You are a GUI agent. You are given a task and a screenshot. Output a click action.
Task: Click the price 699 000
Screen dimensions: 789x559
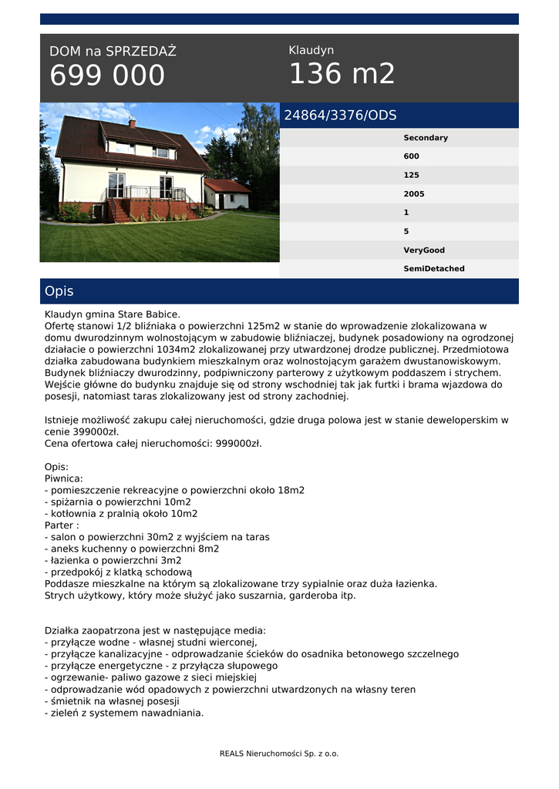107,76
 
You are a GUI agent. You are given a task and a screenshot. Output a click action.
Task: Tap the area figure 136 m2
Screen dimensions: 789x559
342,74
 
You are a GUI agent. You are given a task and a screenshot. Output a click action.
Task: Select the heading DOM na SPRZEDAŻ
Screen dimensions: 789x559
113,52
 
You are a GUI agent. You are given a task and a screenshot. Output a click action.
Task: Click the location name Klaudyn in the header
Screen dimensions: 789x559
311,50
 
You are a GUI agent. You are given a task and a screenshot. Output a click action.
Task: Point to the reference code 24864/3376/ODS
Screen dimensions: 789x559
340,116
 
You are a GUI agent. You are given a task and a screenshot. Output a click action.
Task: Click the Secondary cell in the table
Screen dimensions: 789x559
426,138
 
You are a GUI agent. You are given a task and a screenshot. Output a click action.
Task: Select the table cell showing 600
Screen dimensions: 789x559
412,156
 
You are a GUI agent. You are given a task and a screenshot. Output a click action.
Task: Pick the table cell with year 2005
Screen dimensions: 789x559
414,194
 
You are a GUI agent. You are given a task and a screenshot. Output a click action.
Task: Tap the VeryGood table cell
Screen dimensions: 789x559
424,250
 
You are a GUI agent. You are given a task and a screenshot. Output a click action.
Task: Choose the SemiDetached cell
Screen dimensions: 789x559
434,269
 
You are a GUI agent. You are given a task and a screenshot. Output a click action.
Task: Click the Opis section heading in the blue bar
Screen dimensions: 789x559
59,291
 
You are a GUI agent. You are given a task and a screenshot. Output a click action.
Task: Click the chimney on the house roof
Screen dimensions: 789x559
132,122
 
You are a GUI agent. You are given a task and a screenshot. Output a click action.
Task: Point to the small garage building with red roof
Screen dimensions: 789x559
227,195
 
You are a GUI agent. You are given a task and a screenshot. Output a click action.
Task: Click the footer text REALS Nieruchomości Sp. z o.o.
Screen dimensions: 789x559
279,754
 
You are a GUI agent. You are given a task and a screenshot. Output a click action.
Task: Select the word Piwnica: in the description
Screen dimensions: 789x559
64,478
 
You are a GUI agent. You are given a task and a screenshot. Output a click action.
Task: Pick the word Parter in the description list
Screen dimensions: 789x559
60,525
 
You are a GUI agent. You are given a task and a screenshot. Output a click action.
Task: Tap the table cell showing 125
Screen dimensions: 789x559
412,176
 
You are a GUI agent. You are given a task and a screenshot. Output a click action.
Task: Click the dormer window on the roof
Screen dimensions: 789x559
162,152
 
